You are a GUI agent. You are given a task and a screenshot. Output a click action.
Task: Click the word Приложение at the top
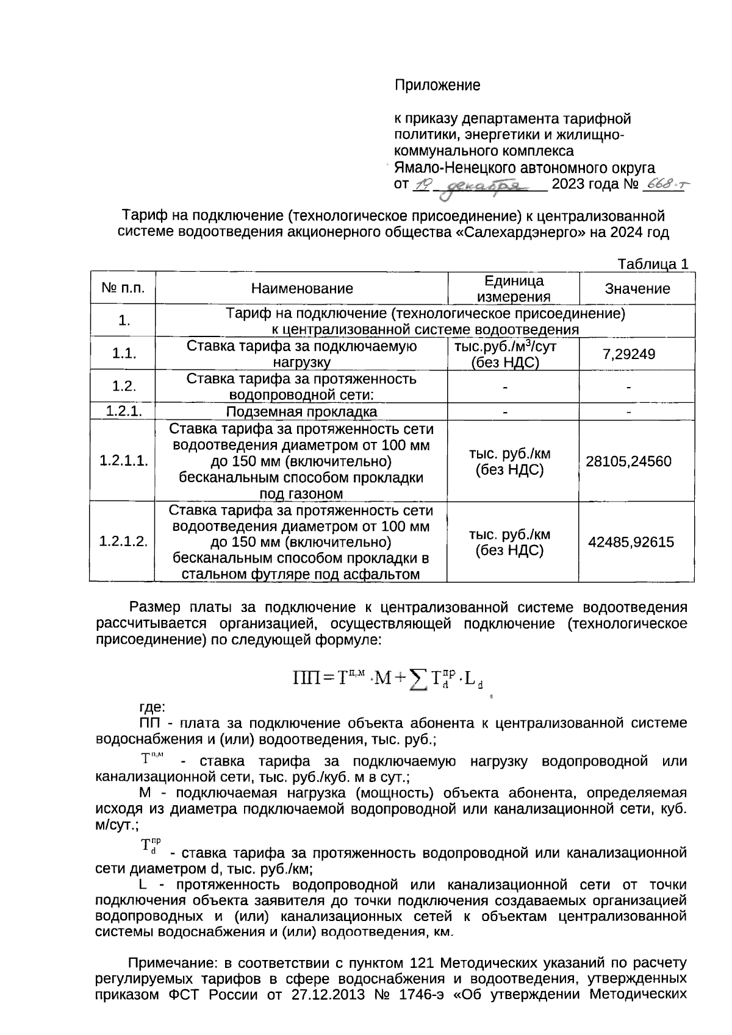437,85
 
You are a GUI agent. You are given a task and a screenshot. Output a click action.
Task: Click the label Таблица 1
653,264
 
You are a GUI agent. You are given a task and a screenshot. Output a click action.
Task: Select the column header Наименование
301,288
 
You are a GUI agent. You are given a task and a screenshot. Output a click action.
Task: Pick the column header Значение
637,288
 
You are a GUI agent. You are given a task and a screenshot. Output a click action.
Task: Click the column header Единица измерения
513,288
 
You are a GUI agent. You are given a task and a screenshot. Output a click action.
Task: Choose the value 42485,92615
631,541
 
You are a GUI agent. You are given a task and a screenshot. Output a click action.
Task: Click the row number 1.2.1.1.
123,461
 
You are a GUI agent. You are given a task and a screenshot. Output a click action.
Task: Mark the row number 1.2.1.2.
123,541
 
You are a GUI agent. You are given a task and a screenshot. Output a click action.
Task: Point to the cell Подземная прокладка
301,412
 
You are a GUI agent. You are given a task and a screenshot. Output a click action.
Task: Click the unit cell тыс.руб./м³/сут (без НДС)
506,354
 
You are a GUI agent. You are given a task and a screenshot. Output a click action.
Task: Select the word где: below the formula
152,707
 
